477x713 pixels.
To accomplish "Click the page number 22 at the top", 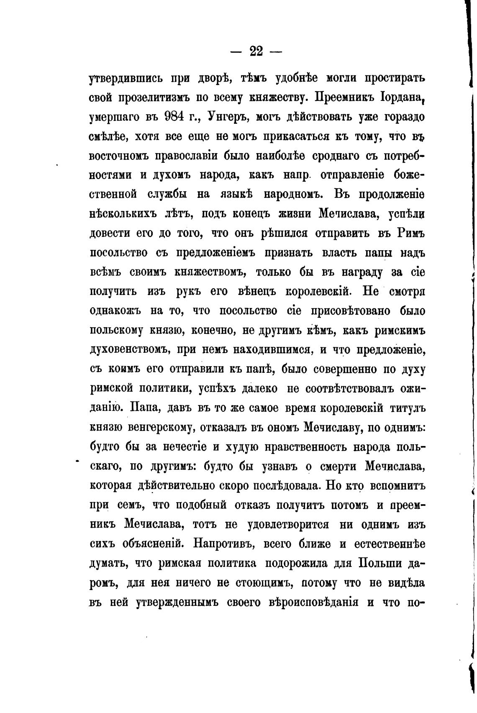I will tap(256, 51).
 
